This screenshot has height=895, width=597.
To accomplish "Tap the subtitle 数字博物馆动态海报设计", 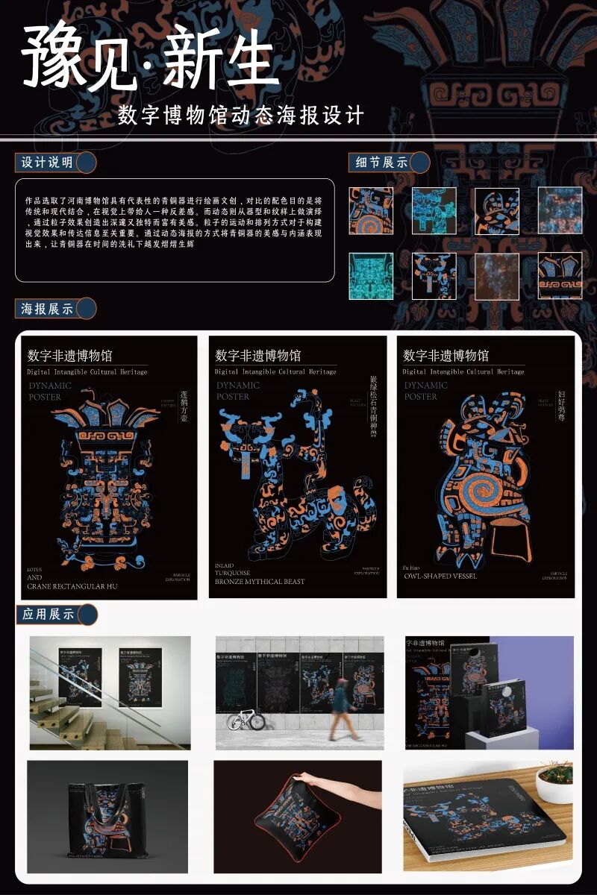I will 241,116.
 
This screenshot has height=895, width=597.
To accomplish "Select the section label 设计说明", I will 48,163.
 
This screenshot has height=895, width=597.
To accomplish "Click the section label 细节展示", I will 381,162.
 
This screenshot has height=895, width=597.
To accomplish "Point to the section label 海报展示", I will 48,309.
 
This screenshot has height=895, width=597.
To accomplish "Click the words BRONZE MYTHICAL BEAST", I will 260,581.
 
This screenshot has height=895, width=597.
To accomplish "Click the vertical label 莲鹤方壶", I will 184,407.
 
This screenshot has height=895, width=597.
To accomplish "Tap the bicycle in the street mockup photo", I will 246,720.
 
